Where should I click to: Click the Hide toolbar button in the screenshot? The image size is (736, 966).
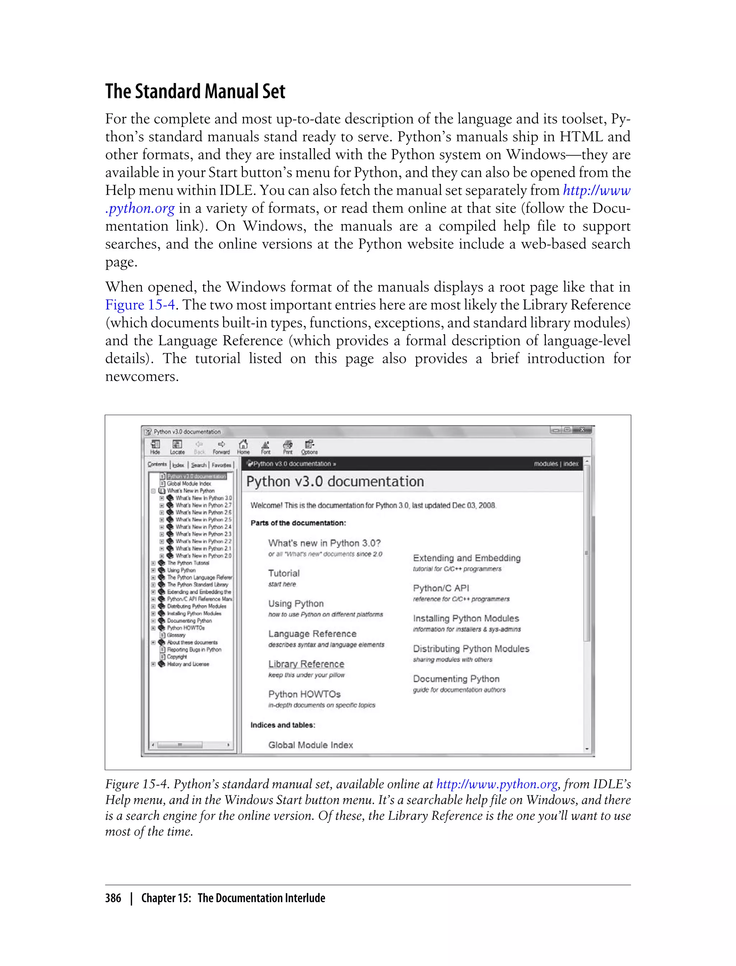155,446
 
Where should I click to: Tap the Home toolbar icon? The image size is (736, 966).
243,446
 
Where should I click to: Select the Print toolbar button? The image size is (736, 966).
287,446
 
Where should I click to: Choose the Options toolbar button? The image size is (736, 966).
309,446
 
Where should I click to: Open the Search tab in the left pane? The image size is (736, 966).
198,465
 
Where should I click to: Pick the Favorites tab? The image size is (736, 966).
222,465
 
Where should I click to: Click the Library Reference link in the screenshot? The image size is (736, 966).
306,664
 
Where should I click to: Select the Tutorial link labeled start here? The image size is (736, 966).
284,573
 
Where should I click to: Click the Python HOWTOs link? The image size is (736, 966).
304,694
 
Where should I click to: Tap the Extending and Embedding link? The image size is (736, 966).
466,558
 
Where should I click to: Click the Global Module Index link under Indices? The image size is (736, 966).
310,745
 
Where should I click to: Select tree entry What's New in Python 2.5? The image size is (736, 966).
203,520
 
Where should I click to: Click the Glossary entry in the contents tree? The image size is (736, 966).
176,635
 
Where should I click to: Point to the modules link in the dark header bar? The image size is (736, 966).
546,464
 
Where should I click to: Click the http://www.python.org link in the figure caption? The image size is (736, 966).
497,784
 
